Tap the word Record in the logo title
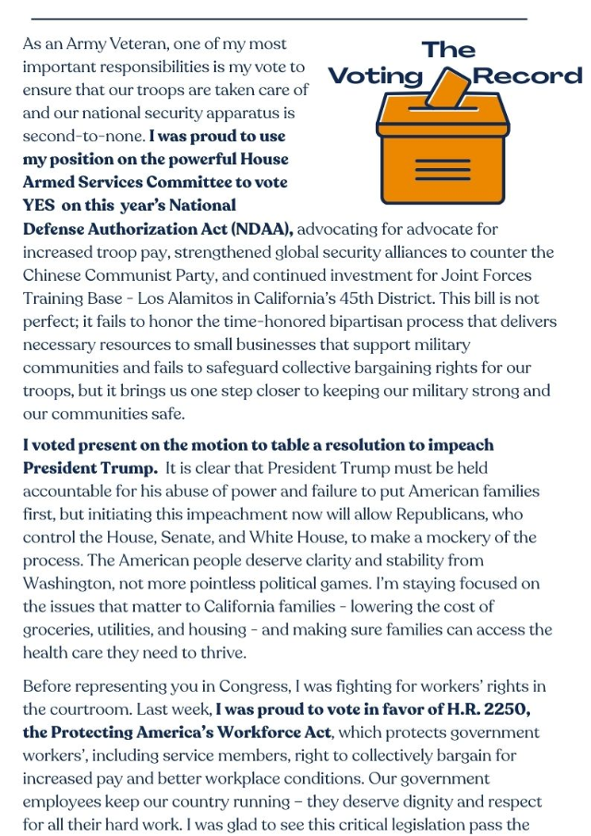(527, 76)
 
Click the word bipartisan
(380, 321)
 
